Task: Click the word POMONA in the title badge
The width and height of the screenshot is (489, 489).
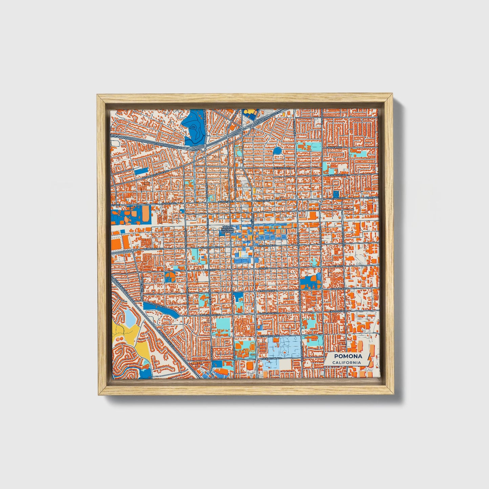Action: point(348,356)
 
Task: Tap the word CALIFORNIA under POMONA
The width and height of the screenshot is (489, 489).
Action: point(346,362)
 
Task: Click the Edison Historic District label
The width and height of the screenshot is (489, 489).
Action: point(227,229)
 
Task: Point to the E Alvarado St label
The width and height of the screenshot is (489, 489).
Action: point(283,168)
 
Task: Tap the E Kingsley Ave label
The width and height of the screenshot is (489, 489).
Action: point(340,175)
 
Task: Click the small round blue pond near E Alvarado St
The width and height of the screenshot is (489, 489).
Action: point(277,150)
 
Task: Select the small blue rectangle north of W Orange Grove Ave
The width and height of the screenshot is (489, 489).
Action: point(141,171)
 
